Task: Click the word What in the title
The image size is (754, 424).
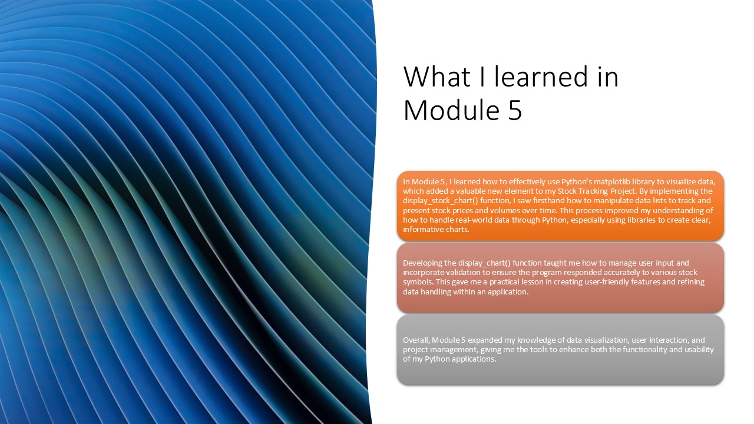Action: tap(437, 77)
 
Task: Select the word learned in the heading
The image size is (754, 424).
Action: tap(541, 77)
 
